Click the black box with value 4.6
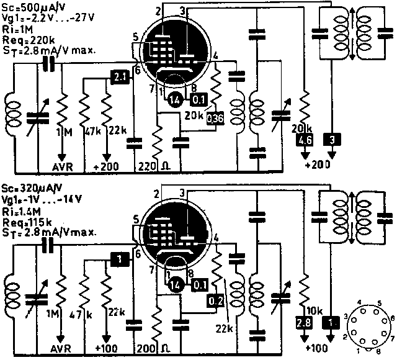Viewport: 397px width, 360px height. coord(305,140)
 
